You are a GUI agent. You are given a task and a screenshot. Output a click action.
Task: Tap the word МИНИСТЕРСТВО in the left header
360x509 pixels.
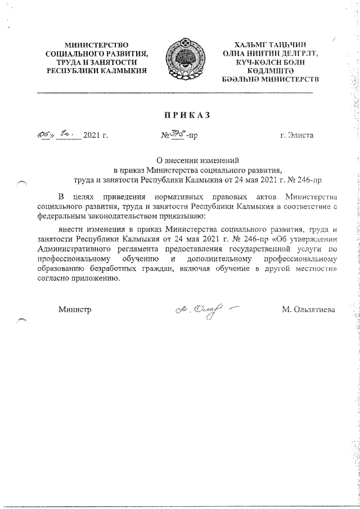point(96,44)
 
